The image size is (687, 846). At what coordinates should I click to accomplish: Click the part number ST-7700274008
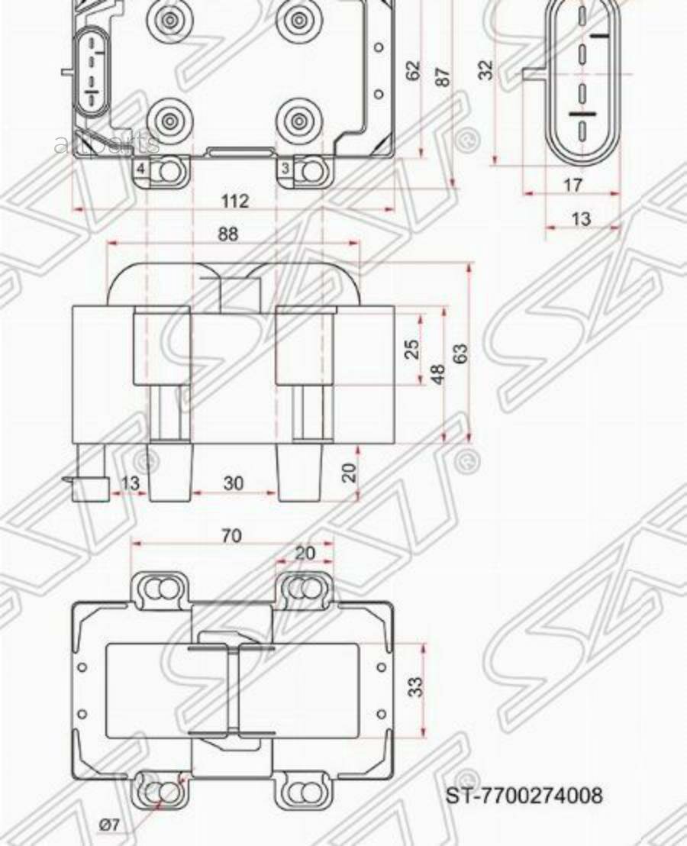pos(524,796)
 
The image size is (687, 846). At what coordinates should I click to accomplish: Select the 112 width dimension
pos(235,201)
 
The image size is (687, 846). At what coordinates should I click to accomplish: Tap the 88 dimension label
pos(228,234)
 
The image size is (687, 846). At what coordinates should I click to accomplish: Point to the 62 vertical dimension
pos(413,71)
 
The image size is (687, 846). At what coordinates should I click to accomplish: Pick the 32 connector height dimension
pos(485,70)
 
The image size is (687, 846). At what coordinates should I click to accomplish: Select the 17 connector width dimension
pos(572,185)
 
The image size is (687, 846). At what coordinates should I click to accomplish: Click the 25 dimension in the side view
pos(412,349)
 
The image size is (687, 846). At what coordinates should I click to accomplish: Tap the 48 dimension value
pos(438,375)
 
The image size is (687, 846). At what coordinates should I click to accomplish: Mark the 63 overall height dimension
pos(460,353)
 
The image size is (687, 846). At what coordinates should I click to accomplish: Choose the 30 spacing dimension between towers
pos(234,483)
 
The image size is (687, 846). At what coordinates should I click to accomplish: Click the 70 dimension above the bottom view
pos(231,536)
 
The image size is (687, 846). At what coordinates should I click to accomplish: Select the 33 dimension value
pos(414,686)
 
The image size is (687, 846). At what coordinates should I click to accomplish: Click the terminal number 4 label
pos(141,168)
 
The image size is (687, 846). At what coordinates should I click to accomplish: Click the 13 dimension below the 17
pos(581,219)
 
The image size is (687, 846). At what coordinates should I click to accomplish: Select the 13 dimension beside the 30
pos(131,483)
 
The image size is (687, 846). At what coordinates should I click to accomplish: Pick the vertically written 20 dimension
pos(350,471)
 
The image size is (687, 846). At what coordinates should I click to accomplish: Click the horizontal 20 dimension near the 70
pos(305,553)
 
